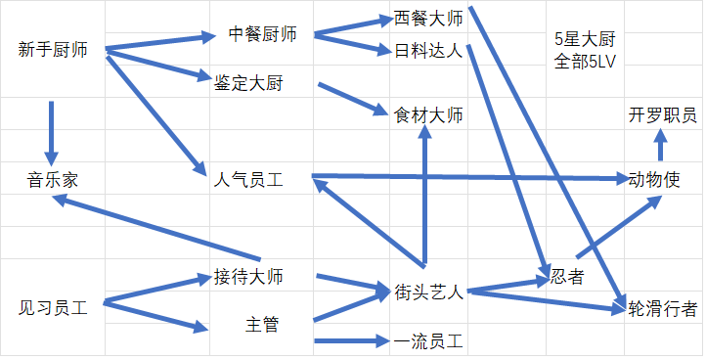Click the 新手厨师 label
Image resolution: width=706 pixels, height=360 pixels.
(x=53, y=50)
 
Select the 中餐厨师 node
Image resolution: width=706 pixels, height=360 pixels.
(x=262, y=34)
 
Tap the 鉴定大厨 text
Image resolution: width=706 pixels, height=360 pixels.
(x=248, y=83)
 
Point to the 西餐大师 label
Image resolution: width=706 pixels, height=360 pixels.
(x=428, y=19)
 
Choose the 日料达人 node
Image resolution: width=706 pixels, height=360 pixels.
(x=428, y=51)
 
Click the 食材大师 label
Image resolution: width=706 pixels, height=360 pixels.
(x=428, y=115)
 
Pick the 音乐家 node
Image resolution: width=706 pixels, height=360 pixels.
(x=53, y=180)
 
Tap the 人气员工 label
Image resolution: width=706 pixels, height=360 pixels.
(x=248, y=180)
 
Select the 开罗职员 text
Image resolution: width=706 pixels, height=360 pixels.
(x=662, y=115)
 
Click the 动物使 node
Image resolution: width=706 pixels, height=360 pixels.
(x=654, y=180)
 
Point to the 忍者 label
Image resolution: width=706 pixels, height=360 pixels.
(x=567, y=276)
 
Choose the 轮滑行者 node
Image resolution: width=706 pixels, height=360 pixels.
(x=662, y=309)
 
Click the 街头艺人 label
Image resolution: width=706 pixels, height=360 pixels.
(x=428, y=292)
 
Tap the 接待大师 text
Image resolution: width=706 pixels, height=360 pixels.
(x=248, y=276)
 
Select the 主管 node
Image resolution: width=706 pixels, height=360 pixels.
(x=262, y=325)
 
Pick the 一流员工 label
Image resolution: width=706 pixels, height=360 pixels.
(x=428, y=341)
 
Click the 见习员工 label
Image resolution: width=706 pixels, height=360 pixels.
(x=53, y=308)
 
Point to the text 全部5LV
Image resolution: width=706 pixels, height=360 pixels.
(x=585, y=62)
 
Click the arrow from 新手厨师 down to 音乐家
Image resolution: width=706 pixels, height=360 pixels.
(x=51, y=133)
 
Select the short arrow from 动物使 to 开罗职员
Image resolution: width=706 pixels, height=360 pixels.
(x=660, y=144)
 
